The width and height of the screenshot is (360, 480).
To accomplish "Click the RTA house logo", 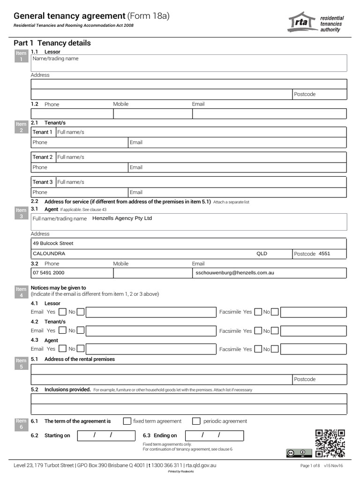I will (302, 22).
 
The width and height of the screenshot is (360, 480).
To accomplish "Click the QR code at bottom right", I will (330, 443).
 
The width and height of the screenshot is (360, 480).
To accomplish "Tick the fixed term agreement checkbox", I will (127, 421).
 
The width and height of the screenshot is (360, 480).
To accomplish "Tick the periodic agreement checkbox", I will (196, 421).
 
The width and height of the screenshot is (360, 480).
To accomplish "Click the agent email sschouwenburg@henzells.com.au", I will (234, 272).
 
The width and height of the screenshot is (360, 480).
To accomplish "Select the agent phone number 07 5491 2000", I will (49, 272).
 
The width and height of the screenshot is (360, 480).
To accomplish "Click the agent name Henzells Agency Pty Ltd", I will (122, 218).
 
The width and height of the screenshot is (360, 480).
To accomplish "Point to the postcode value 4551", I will (324, 254).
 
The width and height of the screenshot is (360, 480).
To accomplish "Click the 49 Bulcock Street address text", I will (53, 243).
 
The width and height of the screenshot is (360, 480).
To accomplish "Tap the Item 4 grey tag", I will (21, 292).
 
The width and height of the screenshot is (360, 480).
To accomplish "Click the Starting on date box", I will (105, 435).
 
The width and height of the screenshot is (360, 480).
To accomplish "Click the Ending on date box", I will (214, 435).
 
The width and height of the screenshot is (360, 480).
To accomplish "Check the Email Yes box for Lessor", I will (62, 312).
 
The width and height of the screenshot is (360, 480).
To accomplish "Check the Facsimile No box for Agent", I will (275, 349).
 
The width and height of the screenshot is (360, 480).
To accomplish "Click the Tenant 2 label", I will (43, 157).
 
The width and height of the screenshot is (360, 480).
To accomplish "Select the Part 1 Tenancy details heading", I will (52, 43).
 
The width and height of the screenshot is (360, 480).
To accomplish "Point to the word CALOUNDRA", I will (49, 254).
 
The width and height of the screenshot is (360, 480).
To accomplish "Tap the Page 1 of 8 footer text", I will (310, 465).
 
